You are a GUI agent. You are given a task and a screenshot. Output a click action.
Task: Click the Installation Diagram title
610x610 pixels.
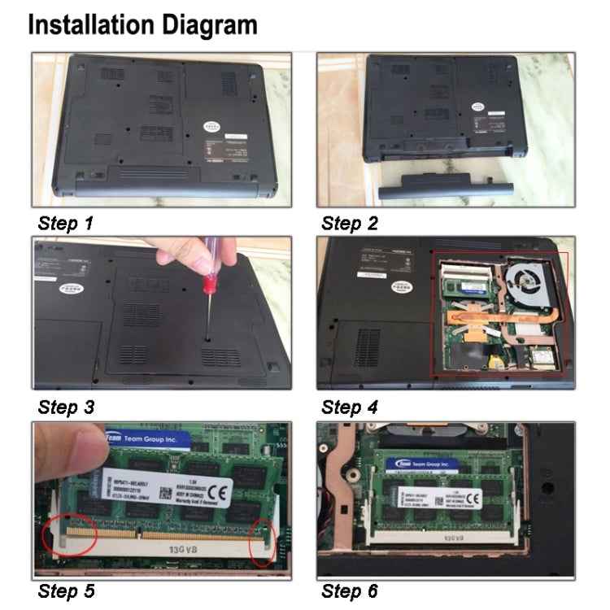[142, 25]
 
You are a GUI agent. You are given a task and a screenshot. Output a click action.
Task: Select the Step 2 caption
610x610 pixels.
[349, 223]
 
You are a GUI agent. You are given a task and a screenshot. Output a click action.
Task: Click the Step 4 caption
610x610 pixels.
[350, 407]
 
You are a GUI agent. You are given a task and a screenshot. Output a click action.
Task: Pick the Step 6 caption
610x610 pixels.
[350, 590]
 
